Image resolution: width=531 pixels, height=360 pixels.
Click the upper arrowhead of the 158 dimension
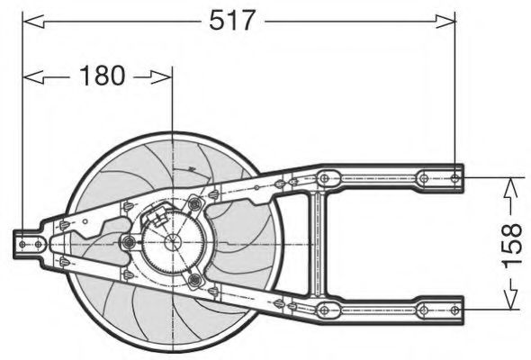click(x=509, y=185)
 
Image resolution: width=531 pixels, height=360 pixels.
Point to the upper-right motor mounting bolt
click(x=192, y=204)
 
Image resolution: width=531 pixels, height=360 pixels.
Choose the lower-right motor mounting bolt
click(x=193, y=281)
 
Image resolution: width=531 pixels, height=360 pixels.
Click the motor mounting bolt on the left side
click(x=128, y=243)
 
